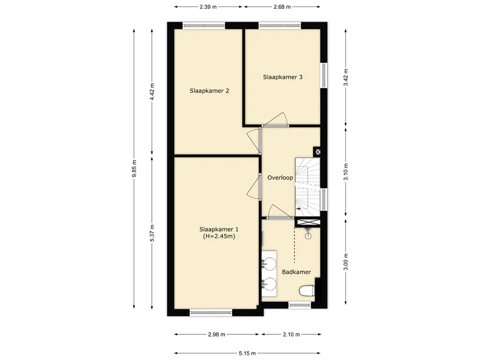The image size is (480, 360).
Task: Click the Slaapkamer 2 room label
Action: pos(210,91)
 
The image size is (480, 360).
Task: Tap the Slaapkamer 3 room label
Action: pos(283,77)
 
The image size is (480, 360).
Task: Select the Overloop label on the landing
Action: pos(280,178)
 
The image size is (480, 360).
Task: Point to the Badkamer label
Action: pos(296,272)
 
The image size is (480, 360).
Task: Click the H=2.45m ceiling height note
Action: pos(219,236)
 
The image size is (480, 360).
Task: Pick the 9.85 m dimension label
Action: pos(134,169)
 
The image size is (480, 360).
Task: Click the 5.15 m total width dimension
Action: pos(247,353)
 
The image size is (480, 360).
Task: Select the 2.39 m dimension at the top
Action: pos(208,7)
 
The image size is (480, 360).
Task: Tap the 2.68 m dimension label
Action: pos(282,7)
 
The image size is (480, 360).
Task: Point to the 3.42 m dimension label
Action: pos(346,77)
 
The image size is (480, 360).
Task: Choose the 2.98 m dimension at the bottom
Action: pos(217,335)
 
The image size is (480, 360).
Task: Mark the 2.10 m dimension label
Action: pos(291,335)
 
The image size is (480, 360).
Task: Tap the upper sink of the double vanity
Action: pos(270,262)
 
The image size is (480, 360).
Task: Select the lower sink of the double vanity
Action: pos(270,284)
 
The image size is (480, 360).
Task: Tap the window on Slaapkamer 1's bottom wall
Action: pos(211,313)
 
